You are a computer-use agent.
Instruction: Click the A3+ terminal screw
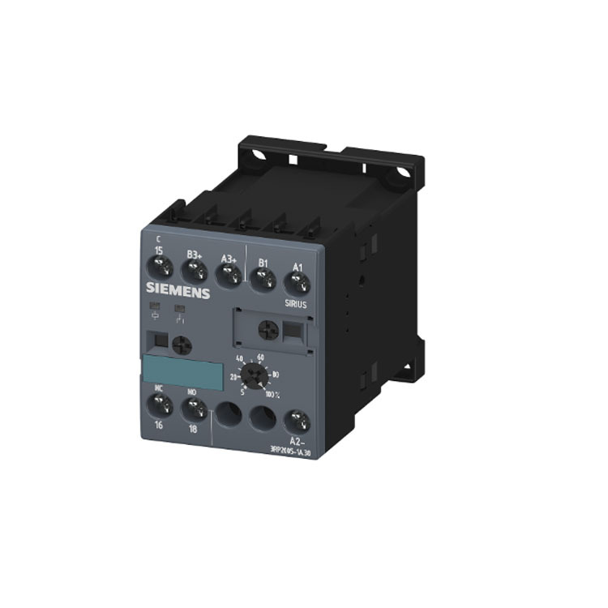coord(230,276)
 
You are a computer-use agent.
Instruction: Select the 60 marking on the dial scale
coord(261,357)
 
